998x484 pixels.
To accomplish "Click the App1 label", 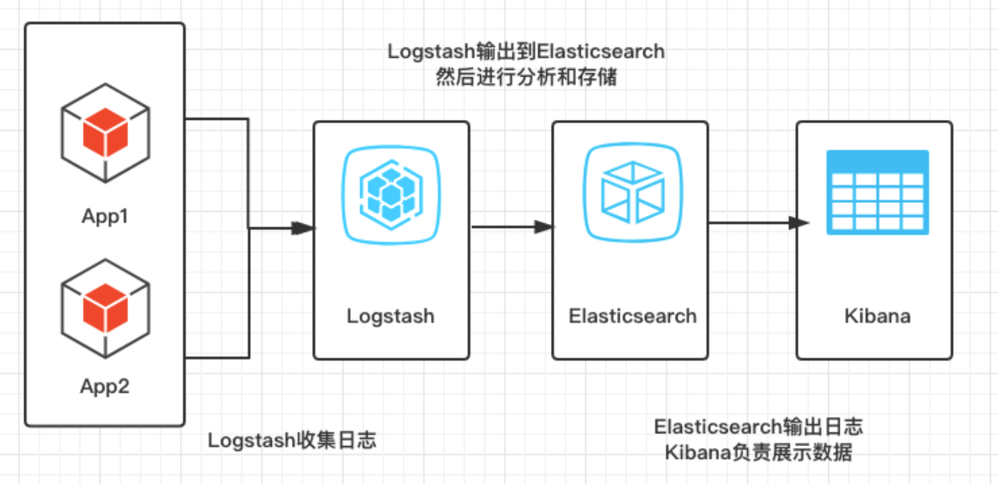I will tap(105, 217).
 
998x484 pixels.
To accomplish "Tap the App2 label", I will tap(105, 387).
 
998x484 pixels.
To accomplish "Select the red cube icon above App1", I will tap(105, 133).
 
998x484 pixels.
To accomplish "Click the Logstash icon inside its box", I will tap(391, 194).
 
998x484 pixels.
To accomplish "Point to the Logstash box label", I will tap(391, 316).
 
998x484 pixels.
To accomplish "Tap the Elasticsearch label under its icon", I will tap(632, 316).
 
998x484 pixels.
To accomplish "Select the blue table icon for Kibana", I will tap(877, 192).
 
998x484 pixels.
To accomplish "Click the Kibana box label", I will tap(877, 316).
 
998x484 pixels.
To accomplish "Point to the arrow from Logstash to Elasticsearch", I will tap(512, 227).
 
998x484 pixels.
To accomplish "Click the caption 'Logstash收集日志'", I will tap(292, 441).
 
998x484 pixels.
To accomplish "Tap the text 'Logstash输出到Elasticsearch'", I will tap(526, 52).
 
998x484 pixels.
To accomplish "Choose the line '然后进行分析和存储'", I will tap(526, 78).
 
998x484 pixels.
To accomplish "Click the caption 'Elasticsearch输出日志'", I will tap(758, 426).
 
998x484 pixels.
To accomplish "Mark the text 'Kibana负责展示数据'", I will tap(758, 453).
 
